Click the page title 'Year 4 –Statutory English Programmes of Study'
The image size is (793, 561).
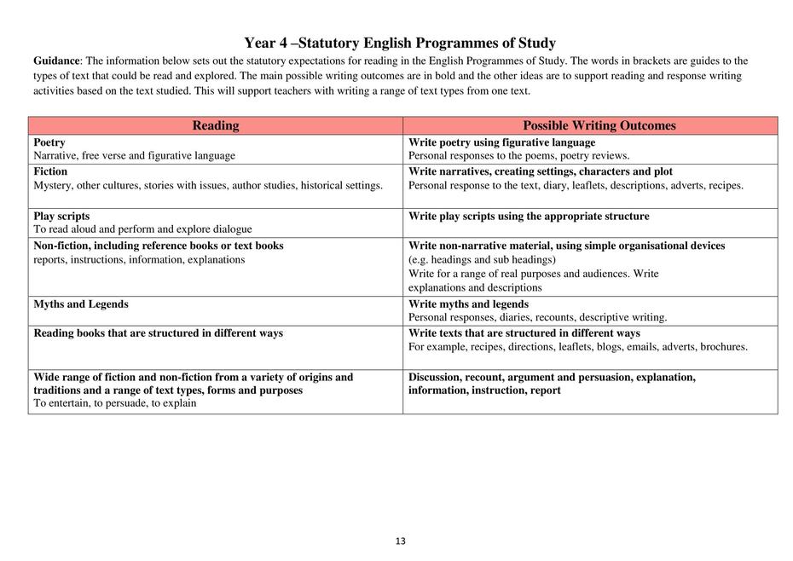click(x=399, y=43)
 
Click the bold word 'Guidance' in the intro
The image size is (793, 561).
click(x=56, y=61)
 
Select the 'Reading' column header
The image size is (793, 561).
click(x=216, y=125)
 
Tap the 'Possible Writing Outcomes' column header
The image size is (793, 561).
click(x=599, y=125)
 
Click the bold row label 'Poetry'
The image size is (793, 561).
click(x=49, y=142)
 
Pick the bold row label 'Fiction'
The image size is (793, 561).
click(x=50, y=171)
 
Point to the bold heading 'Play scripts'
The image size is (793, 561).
click(x=61, y=216)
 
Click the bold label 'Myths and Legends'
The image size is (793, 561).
click(x=81, y=304)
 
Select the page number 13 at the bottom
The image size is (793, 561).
click(x=401, y=541)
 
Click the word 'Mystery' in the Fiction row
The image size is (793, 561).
click(x=54, y=185)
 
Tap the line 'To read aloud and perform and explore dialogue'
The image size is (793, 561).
click(x=142, y=228)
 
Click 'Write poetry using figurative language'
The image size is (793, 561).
click(x=501, y=142)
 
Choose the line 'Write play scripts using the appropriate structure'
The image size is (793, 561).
click(x=529, y=216)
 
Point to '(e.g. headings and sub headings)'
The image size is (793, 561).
click(x=482, y=259)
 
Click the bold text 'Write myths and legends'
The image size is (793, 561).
click(x=468, y=304)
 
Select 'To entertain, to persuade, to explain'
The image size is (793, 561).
click(x=115, y=403)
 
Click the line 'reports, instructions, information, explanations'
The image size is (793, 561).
click(x=139, y=259)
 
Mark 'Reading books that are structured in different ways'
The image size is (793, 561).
click(x=158, y=333)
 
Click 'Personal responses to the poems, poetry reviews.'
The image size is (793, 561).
click(x=518, y=156)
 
